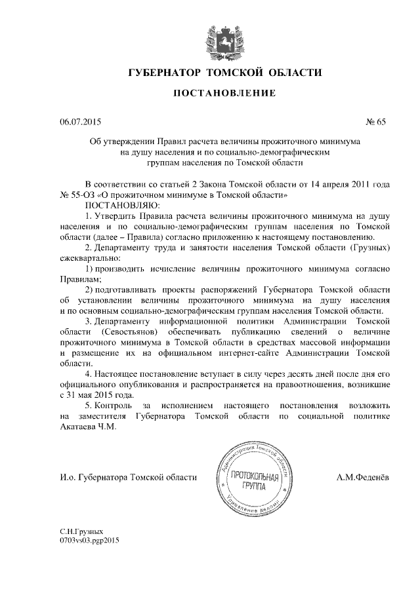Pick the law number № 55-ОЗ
click(x=75, y=195)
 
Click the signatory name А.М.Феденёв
click(x=363, y=478)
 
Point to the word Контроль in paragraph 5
click(x=114, y=406)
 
